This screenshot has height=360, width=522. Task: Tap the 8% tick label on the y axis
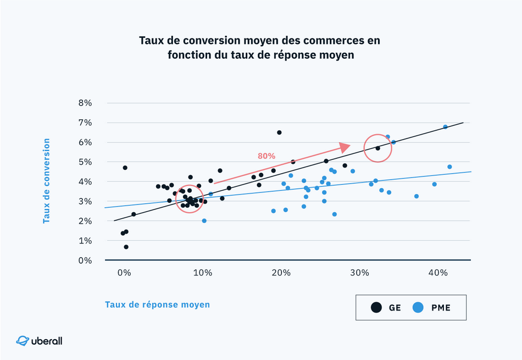(x=85, y=103)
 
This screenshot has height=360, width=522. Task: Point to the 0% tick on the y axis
(x=85, y=261)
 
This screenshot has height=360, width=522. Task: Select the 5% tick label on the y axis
(x=85, y=162)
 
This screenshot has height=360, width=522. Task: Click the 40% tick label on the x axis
(x=437, y=273)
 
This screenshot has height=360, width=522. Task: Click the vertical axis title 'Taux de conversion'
(x=47, y=180)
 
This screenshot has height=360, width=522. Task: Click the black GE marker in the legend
(x=376, y=308)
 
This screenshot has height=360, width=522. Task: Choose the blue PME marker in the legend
(x=419, y=308)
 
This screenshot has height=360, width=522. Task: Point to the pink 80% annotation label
(x=266, y=156)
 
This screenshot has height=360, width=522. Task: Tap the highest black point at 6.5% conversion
(x=279, y=132)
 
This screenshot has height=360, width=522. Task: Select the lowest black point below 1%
(x=126, y=247)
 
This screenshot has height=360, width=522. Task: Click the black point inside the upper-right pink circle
(x=377, y=148)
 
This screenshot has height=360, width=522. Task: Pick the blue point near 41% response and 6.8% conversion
(x=445, y=127)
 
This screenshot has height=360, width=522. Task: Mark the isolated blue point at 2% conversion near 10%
(x=204, y=221)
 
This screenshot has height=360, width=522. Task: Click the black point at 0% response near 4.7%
(x=125, y=168)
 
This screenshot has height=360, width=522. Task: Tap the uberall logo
(x=40, y=341)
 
